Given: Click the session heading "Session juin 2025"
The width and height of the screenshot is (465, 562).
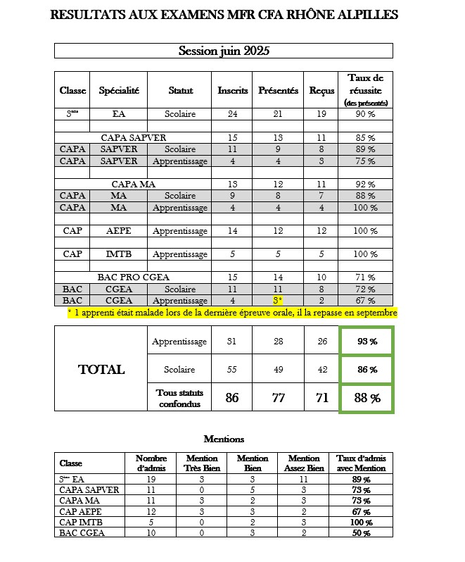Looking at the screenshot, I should pyautogui.click(x=224, y=51).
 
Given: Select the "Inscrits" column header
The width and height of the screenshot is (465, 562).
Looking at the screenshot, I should pyautogui.click(x=233, y=90).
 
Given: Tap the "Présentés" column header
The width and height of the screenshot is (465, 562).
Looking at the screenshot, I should pyautogui.click(x=278, y=90).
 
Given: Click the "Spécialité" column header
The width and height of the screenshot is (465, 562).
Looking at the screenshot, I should pyautogui.click(x=119, y=90).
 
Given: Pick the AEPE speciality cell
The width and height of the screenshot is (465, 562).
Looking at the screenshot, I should pyautogui.click(x=119, y=230).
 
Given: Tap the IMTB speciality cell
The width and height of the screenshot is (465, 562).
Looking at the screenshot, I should pyautogui.click(x=119, y=254).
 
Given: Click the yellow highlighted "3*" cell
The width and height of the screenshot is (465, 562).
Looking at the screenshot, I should pyautogui.click(x=278, y=300).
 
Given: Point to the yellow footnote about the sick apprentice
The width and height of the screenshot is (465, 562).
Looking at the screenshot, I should pyautogui.click(x=232, y=312).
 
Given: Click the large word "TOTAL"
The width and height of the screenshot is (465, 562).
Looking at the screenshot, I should pyautogui.click(x=101, y=369).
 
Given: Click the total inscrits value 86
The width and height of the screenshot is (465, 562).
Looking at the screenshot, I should pyautogui.click(x=232, y=398).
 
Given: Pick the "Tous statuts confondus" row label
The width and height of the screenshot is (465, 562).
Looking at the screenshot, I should pyautogui.click(x=179, y=398).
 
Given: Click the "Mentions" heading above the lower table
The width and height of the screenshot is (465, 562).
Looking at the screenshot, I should pyautogui.click(x=224, y=438).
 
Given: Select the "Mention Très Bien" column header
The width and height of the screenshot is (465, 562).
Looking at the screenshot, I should pyautogui.click(x=197, y=463).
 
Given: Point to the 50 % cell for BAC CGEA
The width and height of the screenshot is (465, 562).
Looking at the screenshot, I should pyautogui.click(x=362, y=532).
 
